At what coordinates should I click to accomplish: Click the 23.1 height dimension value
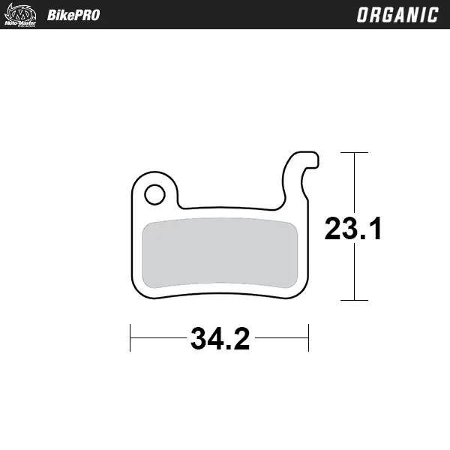[353, 228]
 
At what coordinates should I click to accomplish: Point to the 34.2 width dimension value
[220, 339]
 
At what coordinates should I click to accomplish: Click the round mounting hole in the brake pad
[154, 194]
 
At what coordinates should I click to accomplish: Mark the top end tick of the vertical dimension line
[355, 153]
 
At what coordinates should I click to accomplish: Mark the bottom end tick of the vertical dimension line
[355, 300]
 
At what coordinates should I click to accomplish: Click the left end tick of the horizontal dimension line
[130, 338]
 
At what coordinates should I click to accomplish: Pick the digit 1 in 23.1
[374, 228]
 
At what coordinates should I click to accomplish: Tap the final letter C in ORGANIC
[433, 15]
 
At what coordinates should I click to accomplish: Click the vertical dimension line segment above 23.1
[355, 180]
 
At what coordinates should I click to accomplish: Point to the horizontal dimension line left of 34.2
[158, 338]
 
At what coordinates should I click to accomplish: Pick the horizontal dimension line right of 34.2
[281, 338]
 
